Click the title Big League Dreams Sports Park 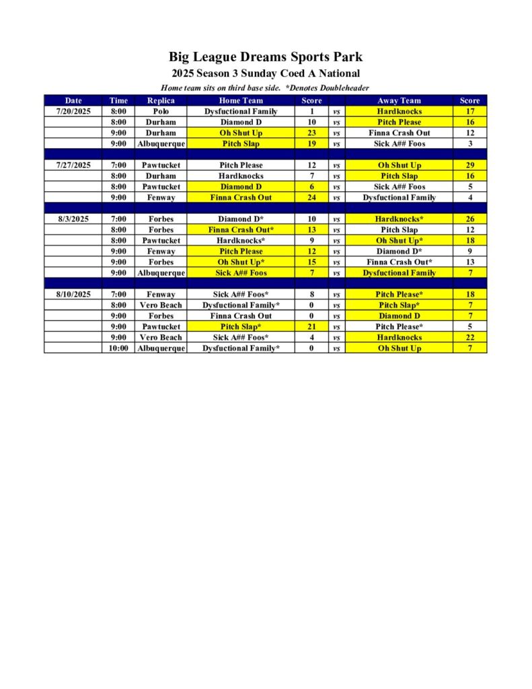pyautogui.click(x=266, y=57)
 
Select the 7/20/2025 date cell pyautogui.click(x=73, y=111)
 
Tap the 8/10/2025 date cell pyautogui.click(x=73, y=294)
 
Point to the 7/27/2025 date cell pyautogui.click(x=73, y=165)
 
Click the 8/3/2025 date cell pyautogui.click(x=73, y=219)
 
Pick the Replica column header pyautogui.click(x=161, y=100)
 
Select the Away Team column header pyautogui.click(x=399, y=100)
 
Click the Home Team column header pyautogui.click(x=241, y=100)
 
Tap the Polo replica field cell pyautogui.click(x=161, y=111)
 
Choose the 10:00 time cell pyautogui.click(x=118, y=348)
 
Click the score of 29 pyautogui.click(x=469, y=165)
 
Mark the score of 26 pyautogui.click(x=469, y=219)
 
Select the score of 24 pyautogui.click(x=311, y=197)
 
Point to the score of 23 pyautogui.click(x=311, y=133)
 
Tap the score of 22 pyautogui.click(x=469, y=337)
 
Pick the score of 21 pyautogui.click(x=311, y=326)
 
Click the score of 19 pyautogui.click(x=311, y=143)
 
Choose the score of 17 pyautogui.click(x=469, y=111)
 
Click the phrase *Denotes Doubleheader pyautogui.click(x=327, y=88)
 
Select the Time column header pyautogui.click(x=118, y=100)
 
